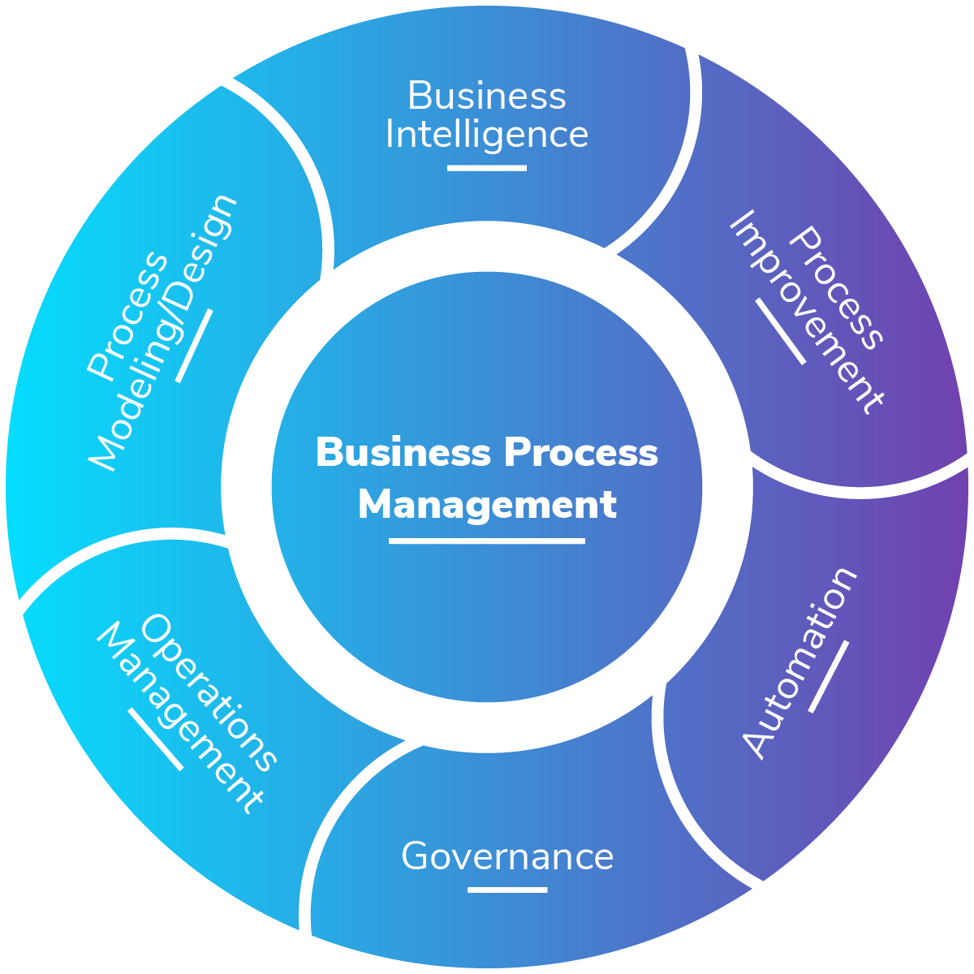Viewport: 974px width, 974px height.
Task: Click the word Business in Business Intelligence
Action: (486, 96)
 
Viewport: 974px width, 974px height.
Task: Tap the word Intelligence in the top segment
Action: (486, 135)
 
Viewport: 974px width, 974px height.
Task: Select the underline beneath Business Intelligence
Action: (486, 168)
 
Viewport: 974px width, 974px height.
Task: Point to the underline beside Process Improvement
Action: (780, 331)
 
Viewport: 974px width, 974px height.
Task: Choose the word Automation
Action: (799, 663)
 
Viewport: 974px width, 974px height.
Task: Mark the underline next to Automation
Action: (829, 677)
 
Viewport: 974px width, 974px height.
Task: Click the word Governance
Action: (507, 856)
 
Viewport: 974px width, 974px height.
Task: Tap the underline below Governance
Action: (507, 890)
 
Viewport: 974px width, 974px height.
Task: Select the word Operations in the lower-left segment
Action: (209, 692)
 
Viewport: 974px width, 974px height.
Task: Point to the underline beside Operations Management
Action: (155, 739)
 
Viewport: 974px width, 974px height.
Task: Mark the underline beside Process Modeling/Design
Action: (195, 346)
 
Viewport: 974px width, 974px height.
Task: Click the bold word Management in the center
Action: (486, 505)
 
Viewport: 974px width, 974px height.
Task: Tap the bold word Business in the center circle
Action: (403, 452)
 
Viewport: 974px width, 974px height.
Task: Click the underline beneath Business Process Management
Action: (486, 541)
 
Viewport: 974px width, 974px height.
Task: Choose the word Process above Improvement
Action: (836, 288)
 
